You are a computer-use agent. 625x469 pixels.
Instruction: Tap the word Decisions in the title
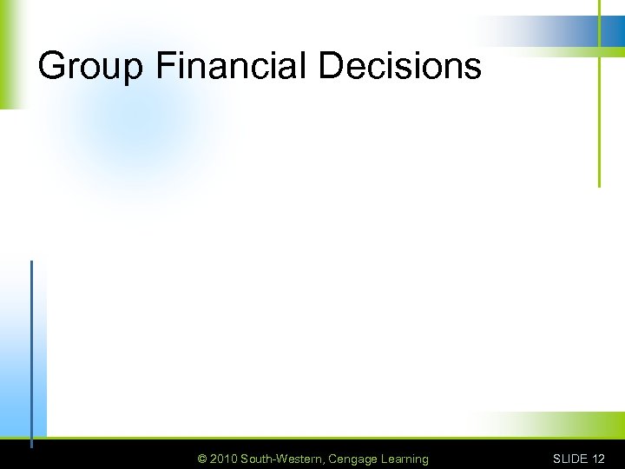pos(400,65)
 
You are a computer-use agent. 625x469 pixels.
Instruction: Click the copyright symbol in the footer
pos(202,459)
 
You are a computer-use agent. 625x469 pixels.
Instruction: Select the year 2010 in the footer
pos(223,459)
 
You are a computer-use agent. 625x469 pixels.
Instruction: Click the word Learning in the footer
pos(404,459)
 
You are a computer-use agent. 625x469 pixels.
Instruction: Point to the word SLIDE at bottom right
pos(570,459)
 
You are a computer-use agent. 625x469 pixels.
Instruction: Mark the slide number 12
pos(598,459)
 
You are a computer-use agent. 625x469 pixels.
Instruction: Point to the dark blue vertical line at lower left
pos(32,347)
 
